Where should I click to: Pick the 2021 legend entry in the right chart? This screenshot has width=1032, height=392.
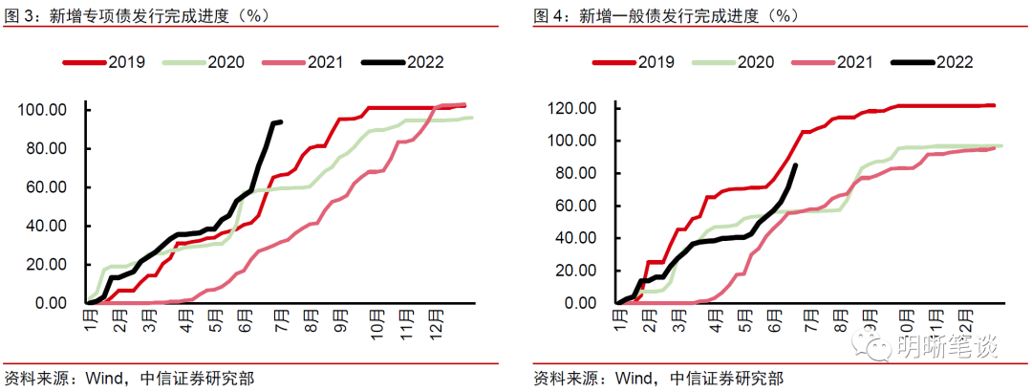tap(854, 62)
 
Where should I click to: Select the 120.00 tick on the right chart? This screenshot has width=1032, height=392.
tap(571, 108)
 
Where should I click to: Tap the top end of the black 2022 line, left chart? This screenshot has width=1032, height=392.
tap(280, 121)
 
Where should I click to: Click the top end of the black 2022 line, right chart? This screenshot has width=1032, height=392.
tap(796, 165)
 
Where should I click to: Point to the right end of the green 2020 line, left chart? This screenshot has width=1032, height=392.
tap(471, 118)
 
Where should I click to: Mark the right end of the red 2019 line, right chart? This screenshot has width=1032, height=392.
tap(994, 105)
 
